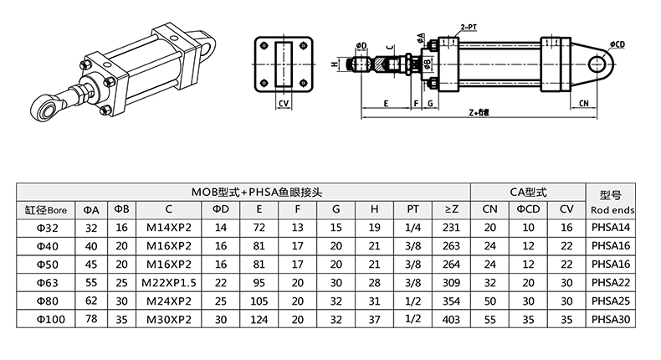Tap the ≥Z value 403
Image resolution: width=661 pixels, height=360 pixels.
pos(451,318)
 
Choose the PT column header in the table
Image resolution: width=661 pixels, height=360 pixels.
pos(412,209)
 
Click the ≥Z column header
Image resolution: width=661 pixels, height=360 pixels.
pos(451,209)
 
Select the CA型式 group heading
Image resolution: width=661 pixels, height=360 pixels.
pos(528,191)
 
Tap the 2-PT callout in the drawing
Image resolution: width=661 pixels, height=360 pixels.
pos(469,28)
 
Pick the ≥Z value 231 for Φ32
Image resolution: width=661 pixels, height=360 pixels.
pos(451,227)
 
